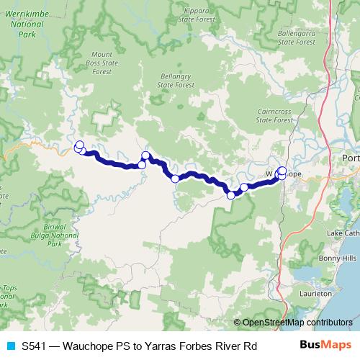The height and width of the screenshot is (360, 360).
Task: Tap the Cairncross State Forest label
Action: pos(274,116)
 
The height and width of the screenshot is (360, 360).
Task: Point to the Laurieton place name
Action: pos(317,293)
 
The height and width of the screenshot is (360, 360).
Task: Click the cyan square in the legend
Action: pos(9,346)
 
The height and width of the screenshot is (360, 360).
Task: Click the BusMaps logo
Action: pos(326,346)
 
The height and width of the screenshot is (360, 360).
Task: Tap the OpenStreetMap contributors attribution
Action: pos(297,323)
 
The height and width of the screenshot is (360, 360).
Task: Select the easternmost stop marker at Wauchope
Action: pos(282,171)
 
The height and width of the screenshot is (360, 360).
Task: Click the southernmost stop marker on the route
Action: pos(231,194)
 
